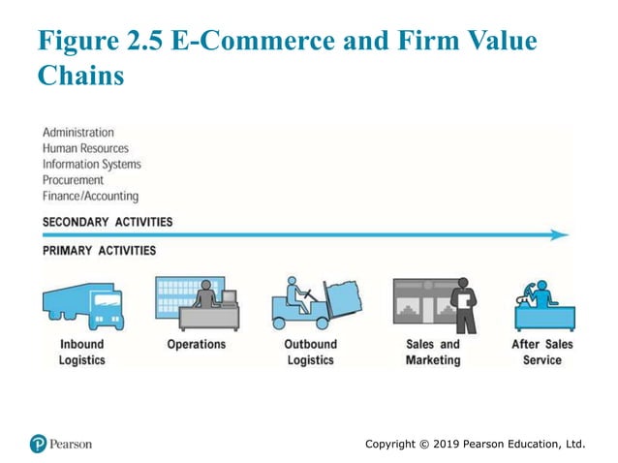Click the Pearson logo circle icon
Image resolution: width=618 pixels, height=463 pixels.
(38, 444)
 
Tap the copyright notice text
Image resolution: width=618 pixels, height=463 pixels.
(476, 444)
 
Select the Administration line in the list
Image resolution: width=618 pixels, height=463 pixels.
(77, 132)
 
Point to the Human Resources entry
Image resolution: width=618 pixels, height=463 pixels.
(84, 148)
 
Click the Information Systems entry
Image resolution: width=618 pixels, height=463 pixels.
(91, 164)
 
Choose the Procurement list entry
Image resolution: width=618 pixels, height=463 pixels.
(73, 180)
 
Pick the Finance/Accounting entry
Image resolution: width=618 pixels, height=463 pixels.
(90, 196)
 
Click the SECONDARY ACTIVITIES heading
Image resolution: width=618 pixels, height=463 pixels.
(108, 222)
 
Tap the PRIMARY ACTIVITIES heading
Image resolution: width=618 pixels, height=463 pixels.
(99, 251)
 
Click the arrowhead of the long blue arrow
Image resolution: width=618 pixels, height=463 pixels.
(559, 234)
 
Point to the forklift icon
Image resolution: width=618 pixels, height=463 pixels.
(315, 303)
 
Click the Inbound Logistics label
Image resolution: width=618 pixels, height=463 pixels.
(81, 352)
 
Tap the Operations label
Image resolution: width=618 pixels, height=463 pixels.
(196, 344)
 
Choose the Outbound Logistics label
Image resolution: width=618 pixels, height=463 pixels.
(310, 352)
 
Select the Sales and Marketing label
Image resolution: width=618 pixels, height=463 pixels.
(433, 352)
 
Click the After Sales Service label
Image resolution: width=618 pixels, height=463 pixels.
(541, 352)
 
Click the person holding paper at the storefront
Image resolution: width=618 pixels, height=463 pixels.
(464, 304)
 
